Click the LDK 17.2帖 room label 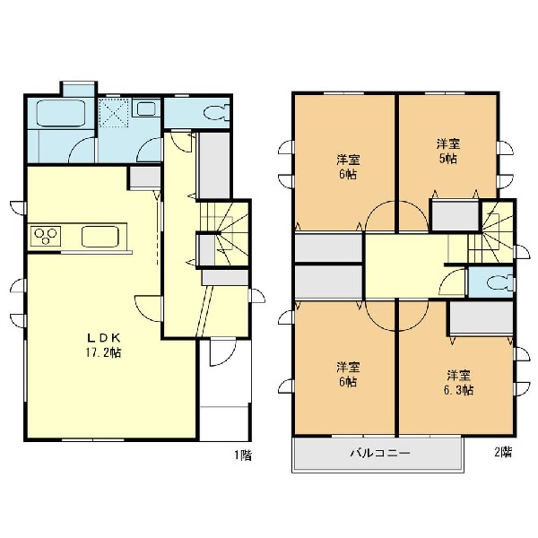click(103, 345)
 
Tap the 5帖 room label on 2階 click(448, 152)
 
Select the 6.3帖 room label click(459, 383)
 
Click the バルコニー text click(380, 453)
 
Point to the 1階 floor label click(243, 455)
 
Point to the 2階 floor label click(503, 452)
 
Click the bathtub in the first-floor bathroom click(61, 113)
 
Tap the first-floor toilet click(217, 113)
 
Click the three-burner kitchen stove click(46, 236)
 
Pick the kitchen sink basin click(100, 236)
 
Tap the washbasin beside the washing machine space click(146, 108)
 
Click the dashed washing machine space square click(113, 113)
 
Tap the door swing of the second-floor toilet click(452, 282)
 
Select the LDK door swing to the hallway click(148, 308)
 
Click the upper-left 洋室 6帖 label click(348, 167)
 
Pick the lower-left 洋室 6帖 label click(348, 374)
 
